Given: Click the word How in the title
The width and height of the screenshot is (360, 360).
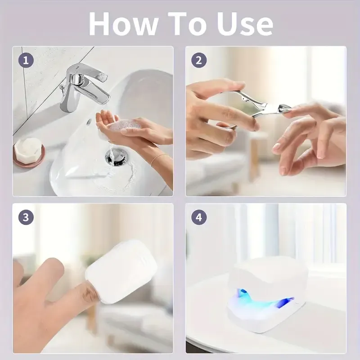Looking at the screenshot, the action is click(123, 23).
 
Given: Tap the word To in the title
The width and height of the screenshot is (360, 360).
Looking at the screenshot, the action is click(187, 23).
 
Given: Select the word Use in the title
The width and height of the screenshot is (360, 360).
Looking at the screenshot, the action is click(245, 23).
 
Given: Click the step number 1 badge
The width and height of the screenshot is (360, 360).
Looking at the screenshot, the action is click(26, 60).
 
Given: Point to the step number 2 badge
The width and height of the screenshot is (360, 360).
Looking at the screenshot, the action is click(199, 60).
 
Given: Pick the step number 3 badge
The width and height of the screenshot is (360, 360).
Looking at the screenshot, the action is click(26, 217).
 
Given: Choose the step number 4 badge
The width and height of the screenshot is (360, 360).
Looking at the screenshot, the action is click(199, 217).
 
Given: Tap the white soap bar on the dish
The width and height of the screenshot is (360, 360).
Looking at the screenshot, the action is click(28, 150).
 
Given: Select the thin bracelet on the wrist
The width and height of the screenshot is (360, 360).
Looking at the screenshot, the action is click(160, 158).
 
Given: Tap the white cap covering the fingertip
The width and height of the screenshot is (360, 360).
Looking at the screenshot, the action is click(121, 271).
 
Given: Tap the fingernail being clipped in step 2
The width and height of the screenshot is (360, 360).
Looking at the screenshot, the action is click(290, 110).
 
